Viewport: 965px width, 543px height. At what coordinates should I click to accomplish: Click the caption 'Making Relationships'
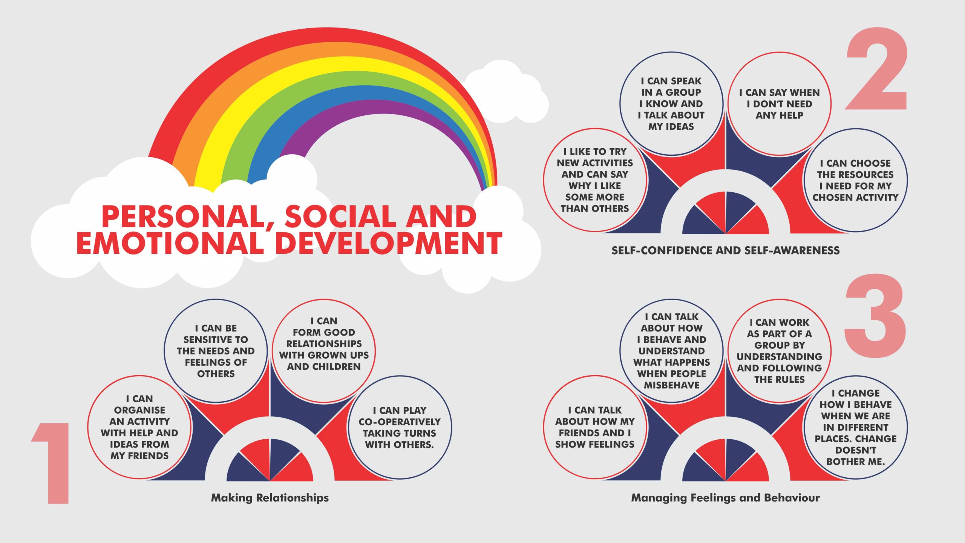[x=270, y=498]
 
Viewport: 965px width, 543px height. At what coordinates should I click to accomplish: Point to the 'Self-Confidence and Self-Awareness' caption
[x=726, y=250]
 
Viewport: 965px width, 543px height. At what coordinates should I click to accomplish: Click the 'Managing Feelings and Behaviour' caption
[x=726, y=498]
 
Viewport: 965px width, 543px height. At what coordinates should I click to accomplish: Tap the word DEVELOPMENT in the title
[x=388, y=243]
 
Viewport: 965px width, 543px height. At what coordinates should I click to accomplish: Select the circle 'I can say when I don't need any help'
[x=779, y=104]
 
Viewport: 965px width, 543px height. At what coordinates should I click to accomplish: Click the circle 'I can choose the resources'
[x=856, y=180]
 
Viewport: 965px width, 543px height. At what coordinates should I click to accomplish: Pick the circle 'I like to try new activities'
[x=595, y=180]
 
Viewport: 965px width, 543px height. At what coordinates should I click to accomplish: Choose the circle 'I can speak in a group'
[x=672, y=104]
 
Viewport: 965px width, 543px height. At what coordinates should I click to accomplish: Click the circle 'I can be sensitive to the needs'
[x=216, y=351]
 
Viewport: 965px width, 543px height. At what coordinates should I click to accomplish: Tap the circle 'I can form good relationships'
[x=324, y=351]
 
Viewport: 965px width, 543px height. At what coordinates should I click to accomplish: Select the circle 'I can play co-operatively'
[x=400, y=427]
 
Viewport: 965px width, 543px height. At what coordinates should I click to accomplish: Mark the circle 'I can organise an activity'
[x=139, y=427]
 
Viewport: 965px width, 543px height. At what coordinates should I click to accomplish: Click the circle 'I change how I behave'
[x=856, y=427]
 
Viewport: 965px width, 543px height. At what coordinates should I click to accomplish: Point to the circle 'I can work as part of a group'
[x=779, y=351]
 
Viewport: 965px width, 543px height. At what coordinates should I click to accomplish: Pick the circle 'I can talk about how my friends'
[x=595, y=427]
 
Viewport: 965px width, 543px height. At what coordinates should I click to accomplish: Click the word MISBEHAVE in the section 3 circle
[x=672, y=385]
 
